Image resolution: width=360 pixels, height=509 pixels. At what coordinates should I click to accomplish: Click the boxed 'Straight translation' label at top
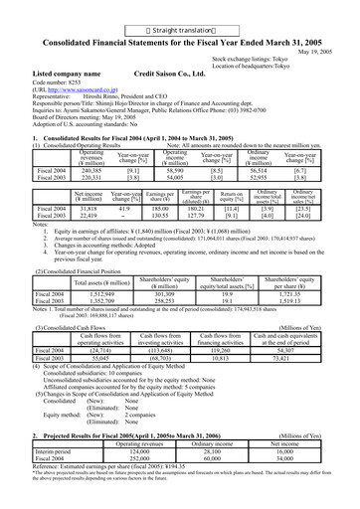tap(179, 7)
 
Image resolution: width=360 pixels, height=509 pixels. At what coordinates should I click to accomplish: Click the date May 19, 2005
tap(329, 24)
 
